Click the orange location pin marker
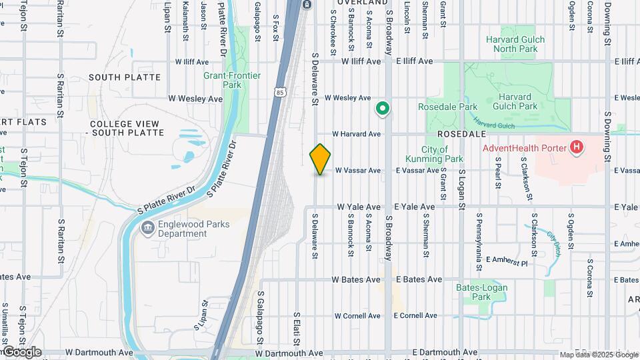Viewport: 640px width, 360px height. coord(320,159)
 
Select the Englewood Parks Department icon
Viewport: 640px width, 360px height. coord(147,229)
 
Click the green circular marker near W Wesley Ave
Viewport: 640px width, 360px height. coord(382,108)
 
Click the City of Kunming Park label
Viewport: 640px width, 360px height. coord(442,154)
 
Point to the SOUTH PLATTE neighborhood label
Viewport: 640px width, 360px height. coord(125,77)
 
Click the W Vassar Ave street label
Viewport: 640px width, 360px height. coord(357,171)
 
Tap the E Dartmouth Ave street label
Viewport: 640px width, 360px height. coord(445,352)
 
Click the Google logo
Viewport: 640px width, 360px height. coord(21,352)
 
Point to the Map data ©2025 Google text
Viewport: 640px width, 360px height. coord(597,355)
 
